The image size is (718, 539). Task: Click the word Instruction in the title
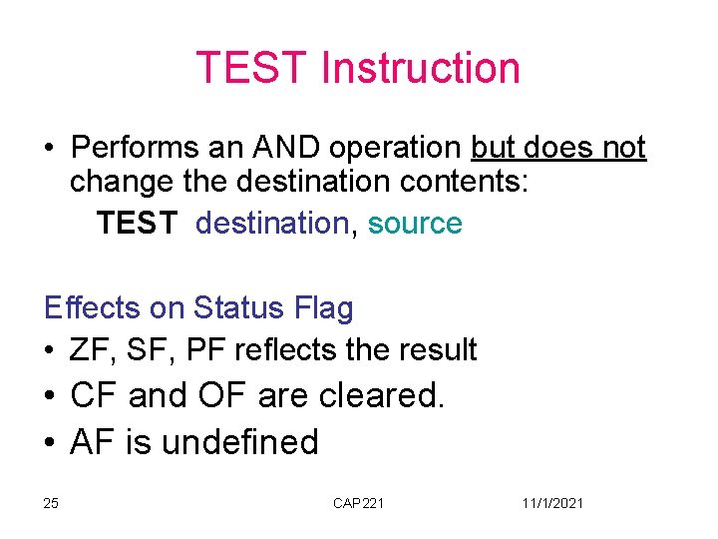tap(420, 68)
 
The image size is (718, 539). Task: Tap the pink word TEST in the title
tap(252, 68)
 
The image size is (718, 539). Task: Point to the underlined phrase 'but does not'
tap(558, 148)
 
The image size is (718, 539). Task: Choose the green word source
tap(415, 223)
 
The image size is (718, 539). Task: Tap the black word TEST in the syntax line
tap(138, 223)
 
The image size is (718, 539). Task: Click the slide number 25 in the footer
tap(51, 503)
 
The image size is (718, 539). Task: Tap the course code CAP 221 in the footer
tap(358, 503)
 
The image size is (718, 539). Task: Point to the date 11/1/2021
tap(552, 503)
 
